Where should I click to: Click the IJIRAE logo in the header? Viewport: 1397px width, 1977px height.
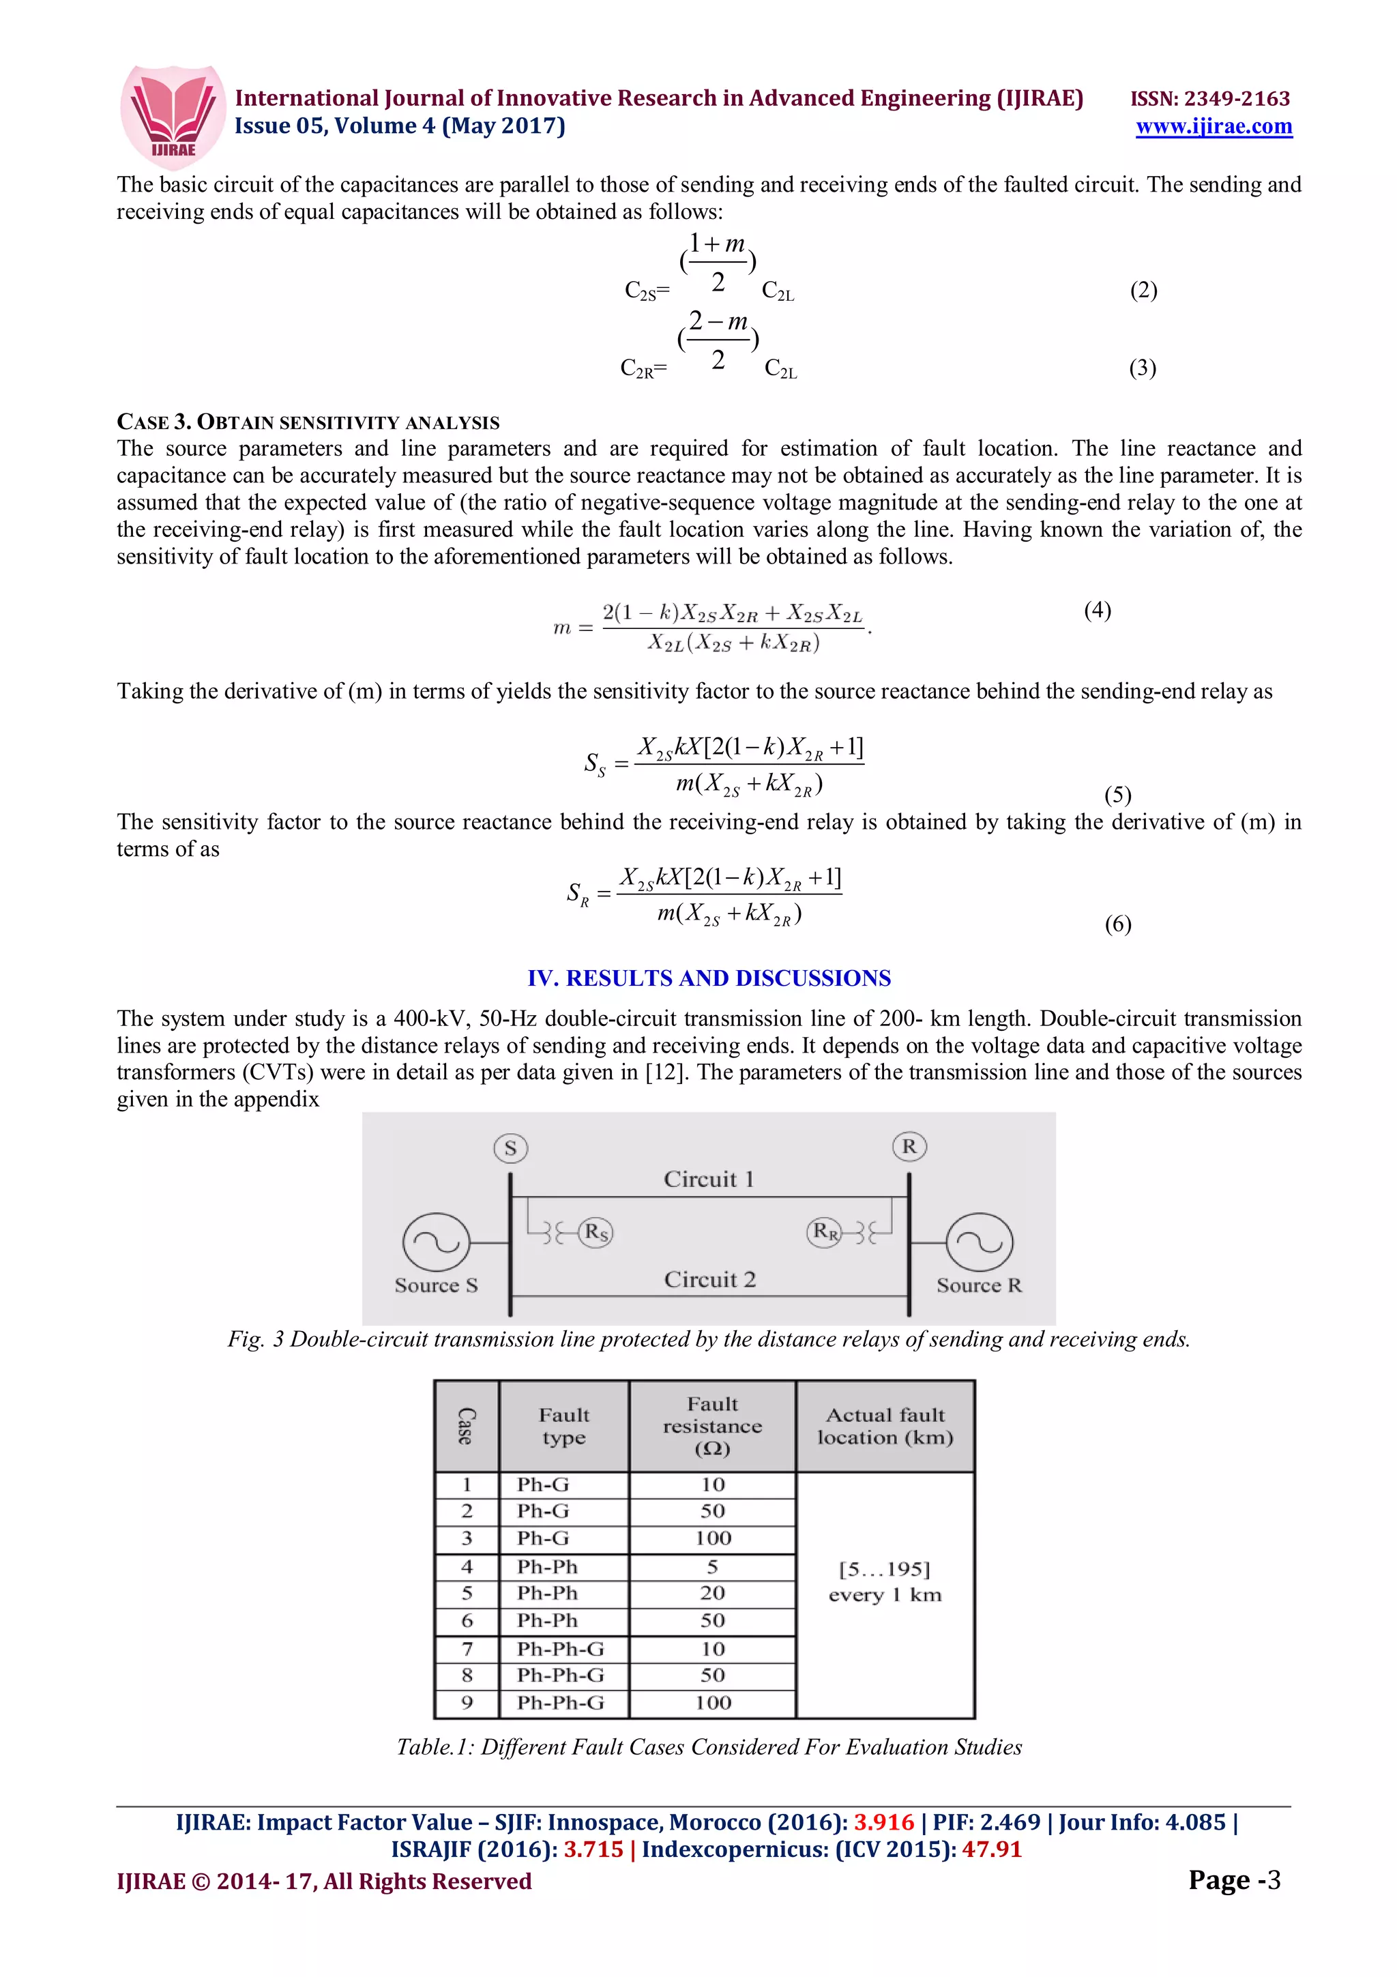click(173, 116)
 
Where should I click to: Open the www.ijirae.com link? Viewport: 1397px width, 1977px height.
click(1213, 127)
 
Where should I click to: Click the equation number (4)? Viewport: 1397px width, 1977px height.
click(1097, 611)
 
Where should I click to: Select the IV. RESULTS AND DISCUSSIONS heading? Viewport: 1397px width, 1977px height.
click(709, 978)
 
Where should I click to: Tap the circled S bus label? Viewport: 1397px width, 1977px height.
click(510, 1148)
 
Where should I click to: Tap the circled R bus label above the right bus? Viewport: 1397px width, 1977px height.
click(909, 1146)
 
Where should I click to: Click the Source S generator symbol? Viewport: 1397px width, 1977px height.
click(437, 1242)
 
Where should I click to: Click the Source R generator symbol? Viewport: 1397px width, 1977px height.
click(979, 1242)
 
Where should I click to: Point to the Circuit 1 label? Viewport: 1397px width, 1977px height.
click(709, 1179)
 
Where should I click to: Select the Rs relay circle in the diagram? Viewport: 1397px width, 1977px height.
click(595, 1232)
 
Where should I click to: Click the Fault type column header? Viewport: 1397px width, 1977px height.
click(564, 1426)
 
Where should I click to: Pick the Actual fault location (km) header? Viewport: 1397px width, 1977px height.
click(885, 1426)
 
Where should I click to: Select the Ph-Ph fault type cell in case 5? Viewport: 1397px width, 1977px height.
click(548, 1593)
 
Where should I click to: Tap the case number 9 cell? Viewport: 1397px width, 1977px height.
click(467, 1702)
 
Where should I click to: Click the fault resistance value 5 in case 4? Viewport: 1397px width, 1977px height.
click(713, 1566)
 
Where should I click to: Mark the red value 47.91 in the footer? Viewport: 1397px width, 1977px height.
click(992, 1849)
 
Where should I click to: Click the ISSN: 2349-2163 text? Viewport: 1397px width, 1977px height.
click(1209, 99)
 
